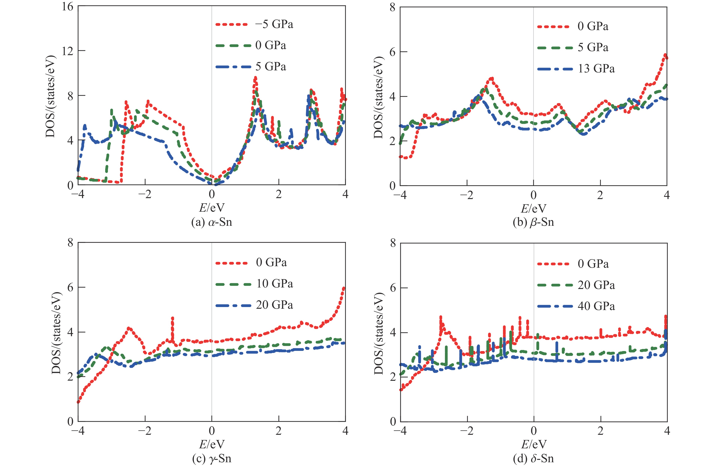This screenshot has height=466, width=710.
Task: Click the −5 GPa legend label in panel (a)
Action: point(274,24)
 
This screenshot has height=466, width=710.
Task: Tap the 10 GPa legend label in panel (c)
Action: point(274,284)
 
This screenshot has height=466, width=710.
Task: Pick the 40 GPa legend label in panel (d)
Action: point(596,306)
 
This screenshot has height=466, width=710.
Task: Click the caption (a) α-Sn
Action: point(211,222)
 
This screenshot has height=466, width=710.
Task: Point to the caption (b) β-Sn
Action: point(533,222)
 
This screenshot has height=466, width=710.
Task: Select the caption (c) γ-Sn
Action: point(211,458)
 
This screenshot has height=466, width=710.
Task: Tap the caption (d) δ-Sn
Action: point(533,458)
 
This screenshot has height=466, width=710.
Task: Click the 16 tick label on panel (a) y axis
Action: point(67,7)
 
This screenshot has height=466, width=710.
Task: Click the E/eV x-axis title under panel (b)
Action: point(533,208)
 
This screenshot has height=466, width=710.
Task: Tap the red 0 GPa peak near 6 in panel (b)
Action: point(665,55)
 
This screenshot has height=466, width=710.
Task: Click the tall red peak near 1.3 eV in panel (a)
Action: point(255,78)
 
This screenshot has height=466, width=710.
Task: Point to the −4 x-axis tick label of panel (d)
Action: point(400,431)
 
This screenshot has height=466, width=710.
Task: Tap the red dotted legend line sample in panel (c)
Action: point(231,263)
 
